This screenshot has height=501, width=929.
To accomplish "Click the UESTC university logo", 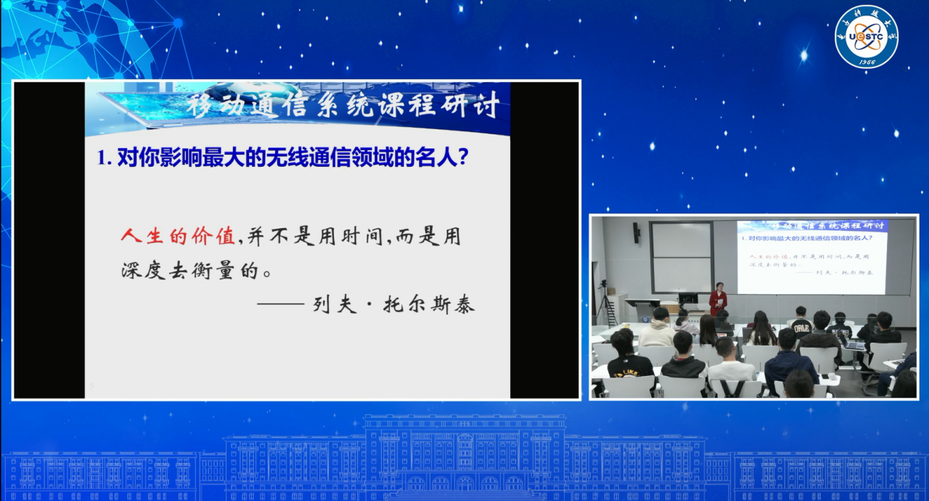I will (x=866, y=36).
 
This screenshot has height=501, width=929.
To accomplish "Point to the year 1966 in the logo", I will (x=866, y=62).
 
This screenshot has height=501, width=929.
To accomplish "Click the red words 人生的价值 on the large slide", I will (x=178, y=237).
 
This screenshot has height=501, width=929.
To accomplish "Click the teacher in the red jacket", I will (x=718, y=298).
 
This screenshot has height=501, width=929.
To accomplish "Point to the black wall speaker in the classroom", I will (x=637, y=232).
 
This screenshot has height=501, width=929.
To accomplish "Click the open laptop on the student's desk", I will (x=855, y=344).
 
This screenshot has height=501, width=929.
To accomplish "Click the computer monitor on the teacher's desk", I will (x=687, y=298).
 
